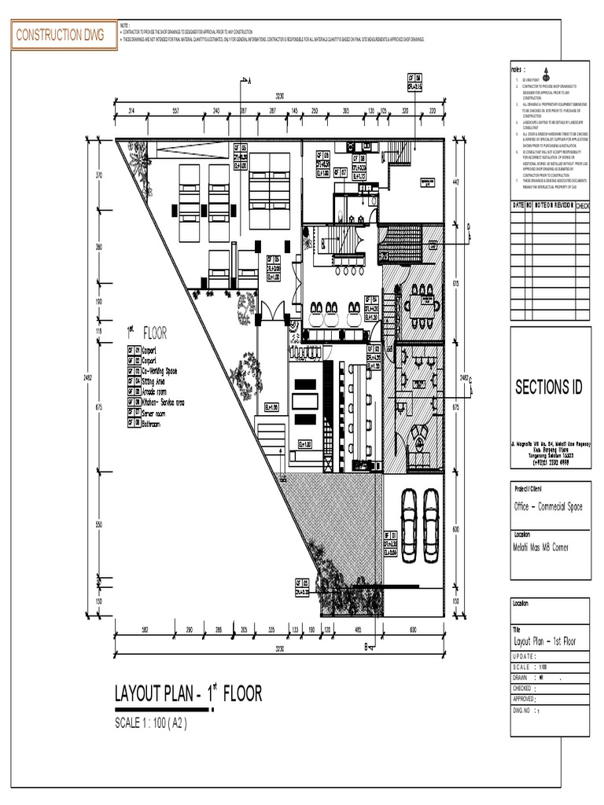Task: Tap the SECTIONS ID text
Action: (x=550, y=388)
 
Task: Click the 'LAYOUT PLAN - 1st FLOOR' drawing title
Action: (x=188, y=694)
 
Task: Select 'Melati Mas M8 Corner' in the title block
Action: (x=540, y=547)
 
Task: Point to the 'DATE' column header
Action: (x=517, y=205)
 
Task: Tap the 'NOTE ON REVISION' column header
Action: (x=554, y=205)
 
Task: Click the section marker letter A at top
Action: (x=249, y=80)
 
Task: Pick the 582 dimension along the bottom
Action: (x=145, y=630)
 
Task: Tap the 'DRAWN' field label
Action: (x=520, y=676)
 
